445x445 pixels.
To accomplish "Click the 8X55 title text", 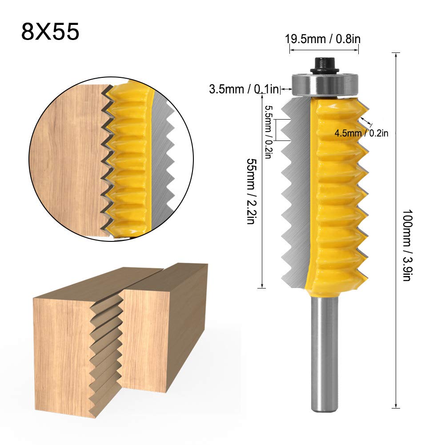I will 50,32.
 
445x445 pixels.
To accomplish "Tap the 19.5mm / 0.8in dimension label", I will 323,39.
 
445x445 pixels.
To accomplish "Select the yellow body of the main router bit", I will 338,191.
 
